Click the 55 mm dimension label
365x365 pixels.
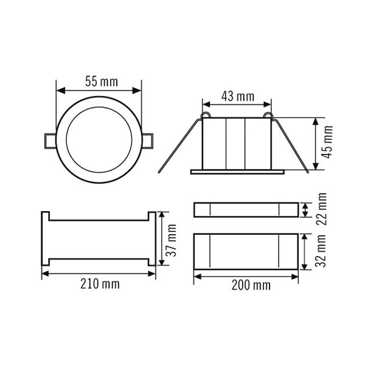click(x=102, y=82)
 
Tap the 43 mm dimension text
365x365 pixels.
click(x=238, y=96)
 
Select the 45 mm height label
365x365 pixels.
click(x=328, y=142)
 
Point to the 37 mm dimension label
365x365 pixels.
click(x=172, y=240)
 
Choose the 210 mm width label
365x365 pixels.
click(x=100, y=284)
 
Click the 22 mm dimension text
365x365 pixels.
click(x=321, y=209)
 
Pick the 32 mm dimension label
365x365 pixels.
click(x=321, y=251)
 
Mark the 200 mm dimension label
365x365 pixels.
click(x=251, y=285)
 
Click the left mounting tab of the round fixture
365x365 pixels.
click(x=50, y=141)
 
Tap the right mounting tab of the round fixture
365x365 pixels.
click(x=148, y=141)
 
